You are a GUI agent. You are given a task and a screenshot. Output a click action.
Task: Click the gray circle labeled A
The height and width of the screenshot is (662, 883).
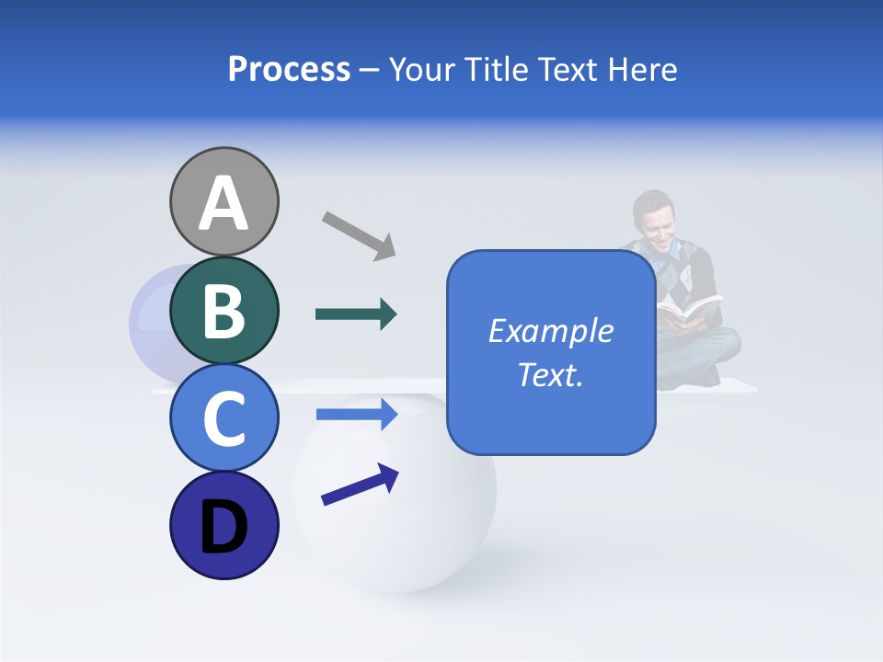pos(224,201)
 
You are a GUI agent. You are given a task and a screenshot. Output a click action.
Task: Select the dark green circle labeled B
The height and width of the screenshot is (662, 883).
pos(224,311)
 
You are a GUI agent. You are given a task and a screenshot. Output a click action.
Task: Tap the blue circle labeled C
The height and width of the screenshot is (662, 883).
pos(224,418)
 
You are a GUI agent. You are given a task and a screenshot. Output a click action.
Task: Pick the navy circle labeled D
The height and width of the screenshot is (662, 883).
pos(224,526)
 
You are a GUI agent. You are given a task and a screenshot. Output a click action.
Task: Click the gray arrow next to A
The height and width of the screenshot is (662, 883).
pos(359,234)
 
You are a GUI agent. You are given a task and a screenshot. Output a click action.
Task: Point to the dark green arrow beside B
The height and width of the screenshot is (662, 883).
pos(356,314)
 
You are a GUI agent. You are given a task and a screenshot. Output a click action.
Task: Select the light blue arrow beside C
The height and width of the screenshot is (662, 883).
pos(356,415)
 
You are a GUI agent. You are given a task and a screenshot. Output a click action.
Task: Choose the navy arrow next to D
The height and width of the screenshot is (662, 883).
pos(360,485)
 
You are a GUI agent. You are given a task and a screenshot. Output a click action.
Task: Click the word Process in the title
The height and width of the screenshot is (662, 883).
pos(289,69)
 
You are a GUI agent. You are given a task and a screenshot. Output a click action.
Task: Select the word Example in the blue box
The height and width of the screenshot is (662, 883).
pos(551,331)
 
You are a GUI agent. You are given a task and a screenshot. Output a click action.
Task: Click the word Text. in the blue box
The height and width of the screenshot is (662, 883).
pos(551,375)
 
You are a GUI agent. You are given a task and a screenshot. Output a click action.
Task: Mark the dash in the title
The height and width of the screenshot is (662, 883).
pos(369,70)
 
